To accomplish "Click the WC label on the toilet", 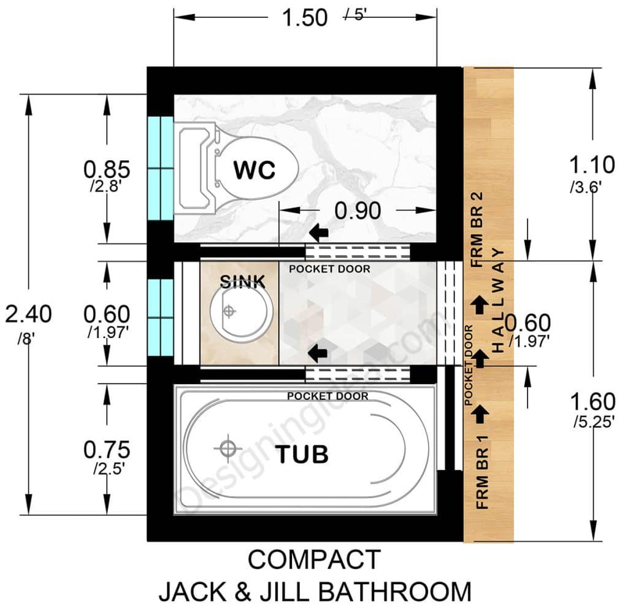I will [x=255, y=170].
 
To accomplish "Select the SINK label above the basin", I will [x=243, y=282].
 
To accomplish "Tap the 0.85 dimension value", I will [x=107, y=168].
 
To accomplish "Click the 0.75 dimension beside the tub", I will [x=107, y=450].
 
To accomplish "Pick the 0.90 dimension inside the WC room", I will [x=358, y=210].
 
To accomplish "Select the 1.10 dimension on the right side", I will [x=592, y=164].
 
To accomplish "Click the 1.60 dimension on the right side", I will [x=592, y=402].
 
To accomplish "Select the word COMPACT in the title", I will [x=314, y=560].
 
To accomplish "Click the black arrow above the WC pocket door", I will [x=318, y=233].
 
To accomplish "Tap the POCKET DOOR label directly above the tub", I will [x=328, y=396].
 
